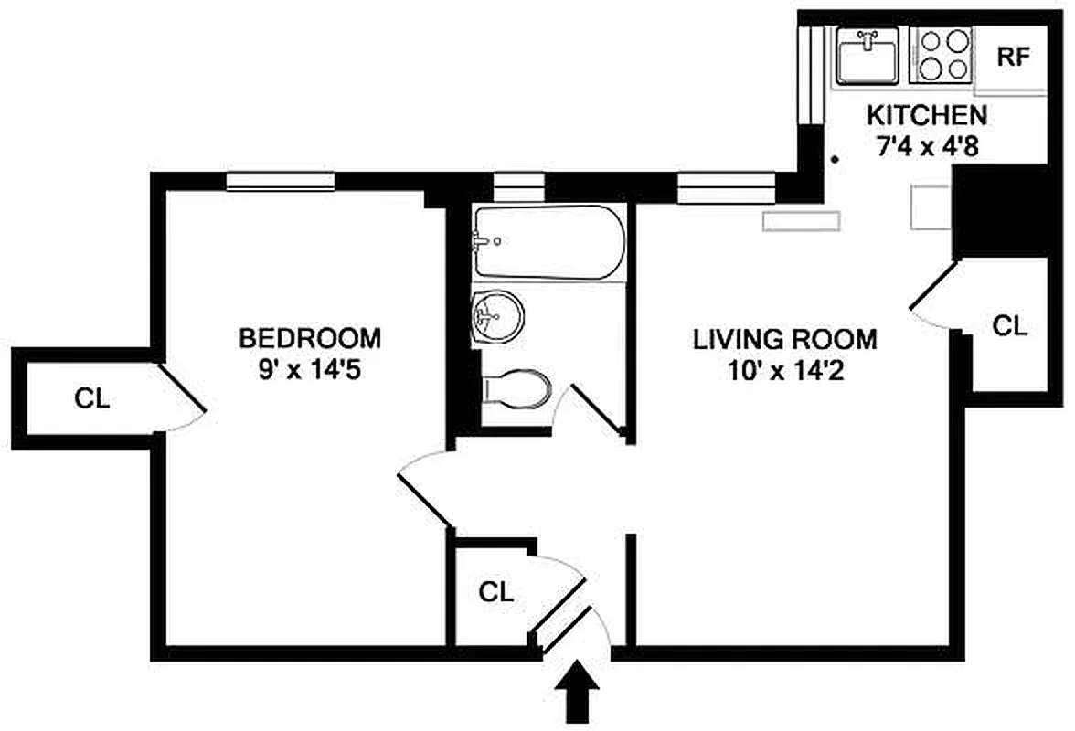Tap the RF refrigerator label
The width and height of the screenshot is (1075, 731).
1013,57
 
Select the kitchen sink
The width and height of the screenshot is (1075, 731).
867,56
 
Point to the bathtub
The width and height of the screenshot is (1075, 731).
548,242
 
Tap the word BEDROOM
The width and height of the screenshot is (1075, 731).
310,338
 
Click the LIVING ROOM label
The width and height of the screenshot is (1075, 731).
784,340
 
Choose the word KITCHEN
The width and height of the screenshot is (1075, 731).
926,115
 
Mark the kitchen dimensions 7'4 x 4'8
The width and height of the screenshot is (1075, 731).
926,146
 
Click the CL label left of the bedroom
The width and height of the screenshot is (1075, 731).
92,398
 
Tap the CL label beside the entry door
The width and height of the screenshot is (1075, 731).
496,592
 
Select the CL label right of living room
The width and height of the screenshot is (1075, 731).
1010,325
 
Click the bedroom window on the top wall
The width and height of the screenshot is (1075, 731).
281,182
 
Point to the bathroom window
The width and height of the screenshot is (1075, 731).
518,186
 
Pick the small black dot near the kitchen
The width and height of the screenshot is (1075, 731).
836,160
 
